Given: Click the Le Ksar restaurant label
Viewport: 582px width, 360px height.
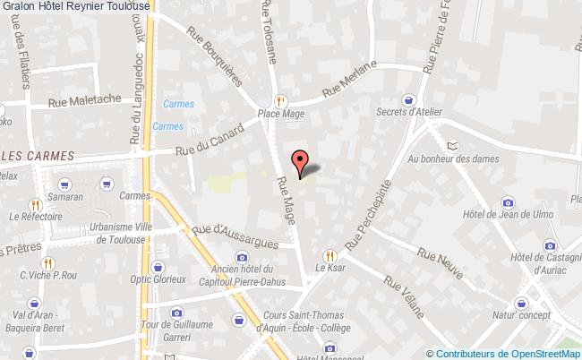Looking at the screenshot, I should [330, 267].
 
